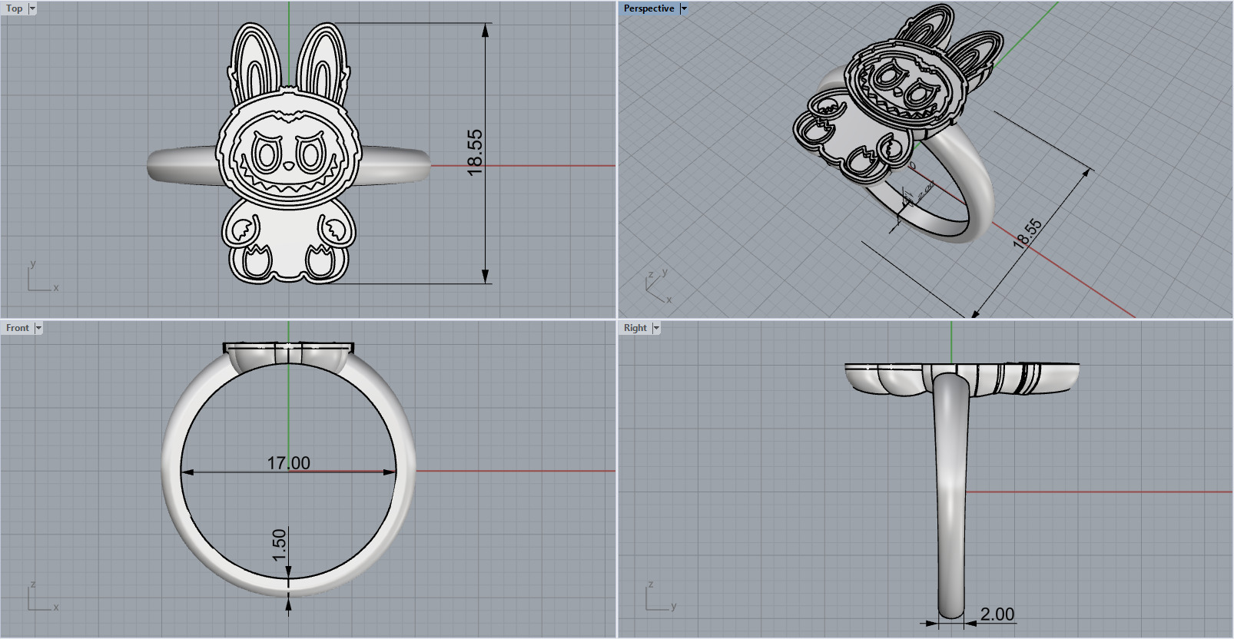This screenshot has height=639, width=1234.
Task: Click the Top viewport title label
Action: [x=14, y=8]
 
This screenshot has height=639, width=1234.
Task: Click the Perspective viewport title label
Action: [x=649, y=8]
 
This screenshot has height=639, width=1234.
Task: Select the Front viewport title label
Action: [x=17, y=328]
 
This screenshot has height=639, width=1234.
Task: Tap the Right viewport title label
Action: [x=635, y=328]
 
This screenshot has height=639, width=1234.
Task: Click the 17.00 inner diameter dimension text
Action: [x=288, y=463]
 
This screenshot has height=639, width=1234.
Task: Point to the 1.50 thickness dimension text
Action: [x=279, y=544]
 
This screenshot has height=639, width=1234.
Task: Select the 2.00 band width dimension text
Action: [x=997, y=614]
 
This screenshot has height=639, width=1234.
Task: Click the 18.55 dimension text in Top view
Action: [x=475, y=152]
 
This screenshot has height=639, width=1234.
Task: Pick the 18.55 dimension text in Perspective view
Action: [x=1027, y=233]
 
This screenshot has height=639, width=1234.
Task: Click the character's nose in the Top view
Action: [x=289, y=166]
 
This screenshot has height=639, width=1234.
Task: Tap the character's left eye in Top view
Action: [x=266, y=156]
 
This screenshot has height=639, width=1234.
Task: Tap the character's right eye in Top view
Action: [x=311, y=156]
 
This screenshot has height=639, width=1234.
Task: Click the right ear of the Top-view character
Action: [x=322, y=61]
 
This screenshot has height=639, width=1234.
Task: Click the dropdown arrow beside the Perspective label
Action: [x=684, y=8]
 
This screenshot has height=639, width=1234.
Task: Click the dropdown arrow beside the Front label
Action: [x=38, y=328]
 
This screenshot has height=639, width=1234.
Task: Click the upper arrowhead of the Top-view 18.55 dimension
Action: [x=486, y=31]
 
